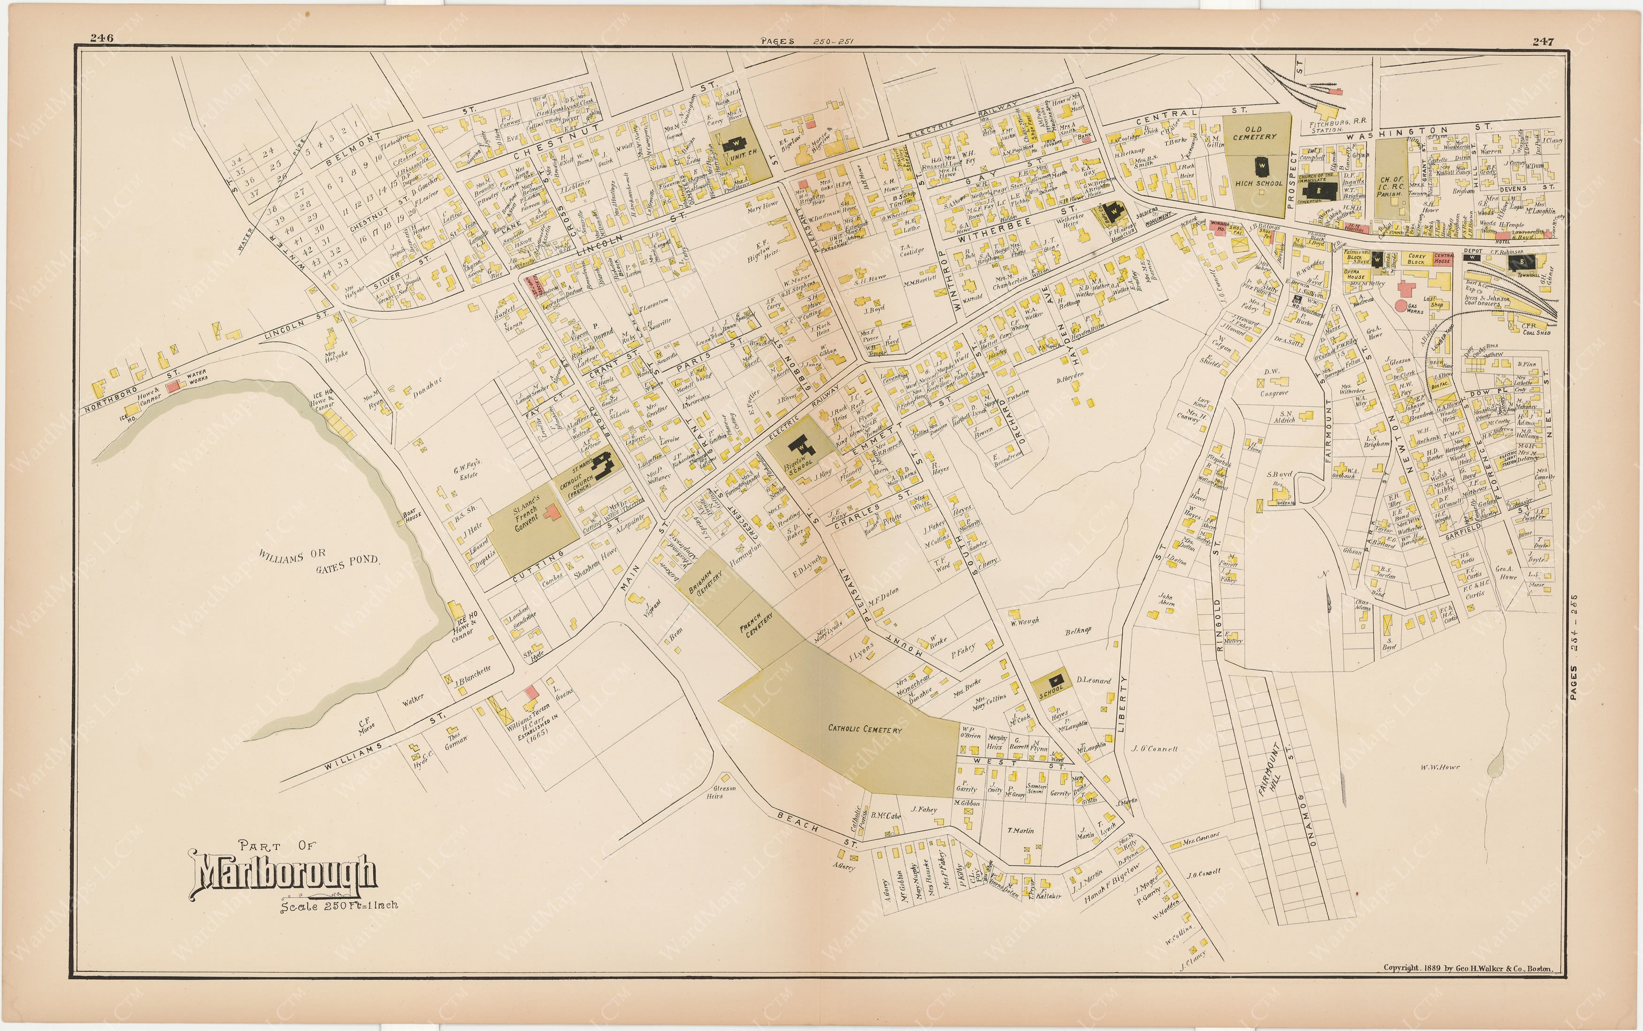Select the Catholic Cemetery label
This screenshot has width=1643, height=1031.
point(865,729)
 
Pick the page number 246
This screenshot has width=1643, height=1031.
point(101,38)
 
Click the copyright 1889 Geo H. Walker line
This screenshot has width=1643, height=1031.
point(1468,968)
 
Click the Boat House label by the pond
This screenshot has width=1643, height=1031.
point(411,516)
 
